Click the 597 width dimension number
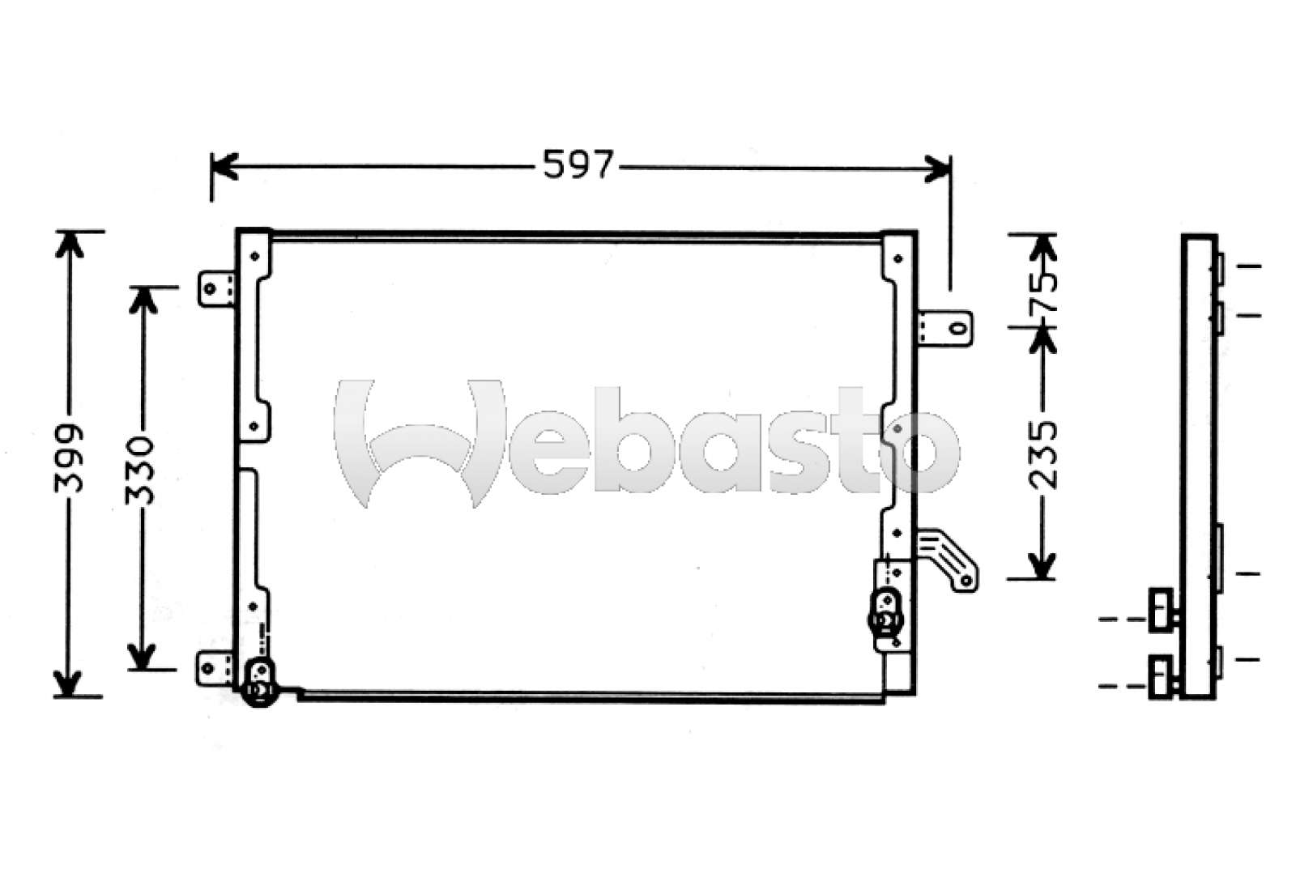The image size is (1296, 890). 578,165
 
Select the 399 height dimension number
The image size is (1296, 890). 70,458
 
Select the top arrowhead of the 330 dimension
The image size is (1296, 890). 143,298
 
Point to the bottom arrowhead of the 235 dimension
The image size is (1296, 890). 1042,566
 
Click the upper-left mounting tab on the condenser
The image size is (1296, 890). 215,288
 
